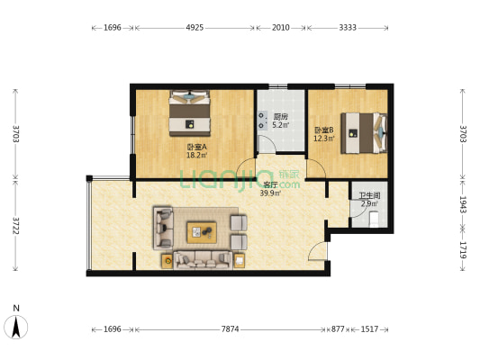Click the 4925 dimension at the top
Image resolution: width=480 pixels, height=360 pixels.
pyautogui.click(x=195, y=28)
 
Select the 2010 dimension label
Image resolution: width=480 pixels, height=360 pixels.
pyautogui.click(x=281, y=28)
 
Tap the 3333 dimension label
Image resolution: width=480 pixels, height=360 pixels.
pyautogui.click(x=348, y=28)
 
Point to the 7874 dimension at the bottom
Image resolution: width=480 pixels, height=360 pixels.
pyautogui.click(x=231, y=329)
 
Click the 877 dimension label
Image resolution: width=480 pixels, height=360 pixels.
pyautogui.click(x=338, y=329)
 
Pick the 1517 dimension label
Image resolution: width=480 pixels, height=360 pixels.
pyautogui.click(x=369, y=329)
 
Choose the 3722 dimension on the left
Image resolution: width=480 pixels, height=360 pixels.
pyautogui.click(x=16, y=226)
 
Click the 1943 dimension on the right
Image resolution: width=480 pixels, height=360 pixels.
pyautogui.click(x=463, y=204)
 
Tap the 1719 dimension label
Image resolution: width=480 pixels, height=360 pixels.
pyautogui.click(x=463, y=250)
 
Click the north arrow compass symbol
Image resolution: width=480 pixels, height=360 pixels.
pyautogui.click(x=16, y=327)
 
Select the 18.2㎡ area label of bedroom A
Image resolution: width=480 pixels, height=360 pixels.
pyautogui.click(x=197, y=156)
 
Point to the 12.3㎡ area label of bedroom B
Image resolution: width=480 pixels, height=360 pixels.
pyautogui.click(x=323, y=139)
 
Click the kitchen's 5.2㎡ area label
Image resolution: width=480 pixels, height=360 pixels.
pyautogui.click(x=281, y=125)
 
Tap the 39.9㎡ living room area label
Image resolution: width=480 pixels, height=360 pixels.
pyautogui.click(x=270, y=193)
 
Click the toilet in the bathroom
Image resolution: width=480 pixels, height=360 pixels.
pyautogui.click(x=374, y=220)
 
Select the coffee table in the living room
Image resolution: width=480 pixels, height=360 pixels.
pyautogui.click(x=202, y=232)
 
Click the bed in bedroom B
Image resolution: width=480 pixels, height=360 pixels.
pyautogui.click(x=364, y=133)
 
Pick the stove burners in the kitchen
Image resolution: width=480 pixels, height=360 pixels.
pyautogui.click(x=261, y=121)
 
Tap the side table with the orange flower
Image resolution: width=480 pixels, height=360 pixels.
pyautogui.click(x=168, y=261)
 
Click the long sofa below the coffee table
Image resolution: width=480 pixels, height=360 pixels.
pyautogui.click(x=203, y=260)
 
